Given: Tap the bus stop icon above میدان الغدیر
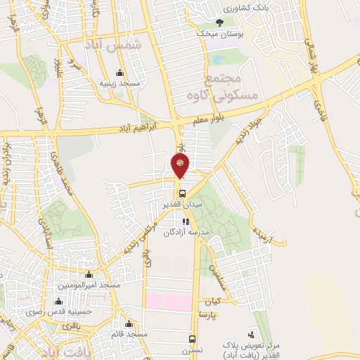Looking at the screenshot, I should coord(182,193).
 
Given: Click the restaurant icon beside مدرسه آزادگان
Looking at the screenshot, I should coord(186,221).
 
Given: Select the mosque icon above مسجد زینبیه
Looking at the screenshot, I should coord(120,73).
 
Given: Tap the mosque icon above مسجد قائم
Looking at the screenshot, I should coord(128,324).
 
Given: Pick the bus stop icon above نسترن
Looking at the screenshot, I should coord(193,337).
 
